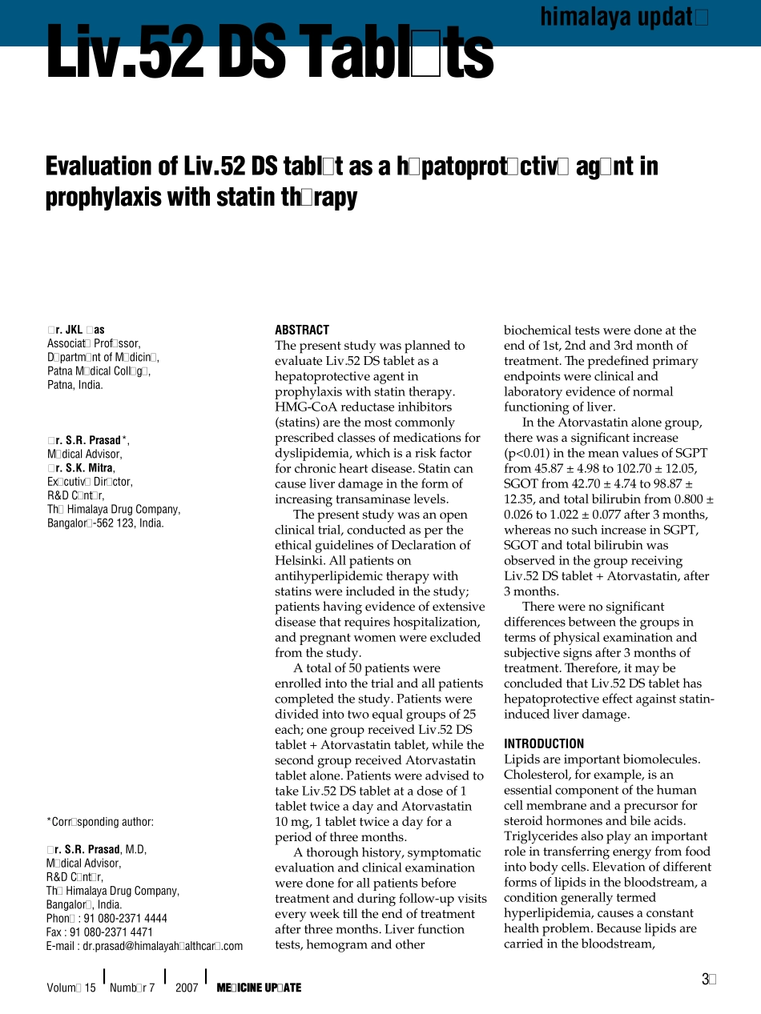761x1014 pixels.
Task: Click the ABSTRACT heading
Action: click(x=302, y=330)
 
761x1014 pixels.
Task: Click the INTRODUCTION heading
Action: click(x=544, y=743)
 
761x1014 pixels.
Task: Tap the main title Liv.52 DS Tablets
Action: click(x=270, y=53)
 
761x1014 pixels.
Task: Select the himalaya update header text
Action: click(x=624, y=17)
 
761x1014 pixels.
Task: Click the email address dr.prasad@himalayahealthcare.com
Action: click(x=144, y=946)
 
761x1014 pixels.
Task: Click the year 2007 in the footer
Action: click(x=186, y=988)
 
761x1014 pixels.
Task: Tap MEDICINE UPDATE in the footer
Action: click(x=259, y=988)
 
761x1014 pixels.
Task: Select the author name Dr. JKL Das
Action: click(x=75, y=330)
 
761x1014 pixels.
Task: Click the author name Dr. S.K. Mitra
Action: click(x=80, y=468)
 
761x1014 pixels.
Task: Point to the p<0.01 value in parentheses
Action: click(x=529, y=453)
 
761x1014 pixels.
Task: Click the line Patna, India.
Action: click(x=74, y=385)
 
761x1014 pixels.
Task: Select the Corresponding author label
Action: click(x=100, y=822)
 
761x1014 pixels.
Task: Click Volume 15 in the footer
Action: click(x=71, y=988)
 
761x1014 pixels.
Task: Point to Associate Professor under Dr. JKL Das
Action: click(x=94, y=343)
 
